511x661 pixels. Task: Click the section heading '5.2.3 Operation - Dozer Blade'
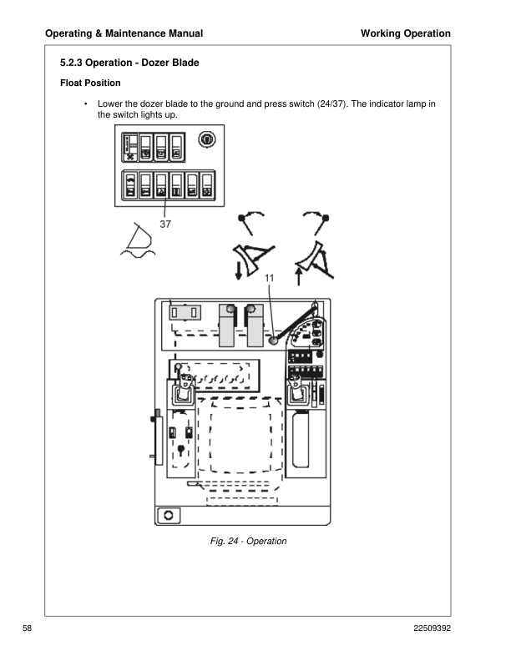click(x=129, y=63)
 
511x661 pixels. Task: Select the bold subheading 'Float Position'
click(x=91, y=83)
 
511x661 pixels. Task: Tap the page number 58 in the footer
click(x=27, y=628)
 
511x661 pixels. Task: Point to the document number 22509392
click(x=432, y=628)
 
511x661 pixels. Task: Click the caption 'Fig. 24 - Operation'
click(x=248, y=541)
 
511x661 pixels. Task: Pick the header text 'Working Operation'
click(x=405, y=33)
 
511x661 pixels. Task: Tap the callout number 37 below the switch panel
click(x=165, y=225)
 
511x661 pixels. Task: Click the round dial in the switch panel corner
click(x=207, y=139)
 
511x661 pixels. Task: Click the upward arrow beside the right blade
click(x=298, y=275)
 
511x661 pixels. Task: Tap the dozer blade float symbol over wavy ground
click(x=134, y=242)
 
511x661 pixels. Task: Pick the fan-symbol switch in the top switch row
click(x=130, y=146)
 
